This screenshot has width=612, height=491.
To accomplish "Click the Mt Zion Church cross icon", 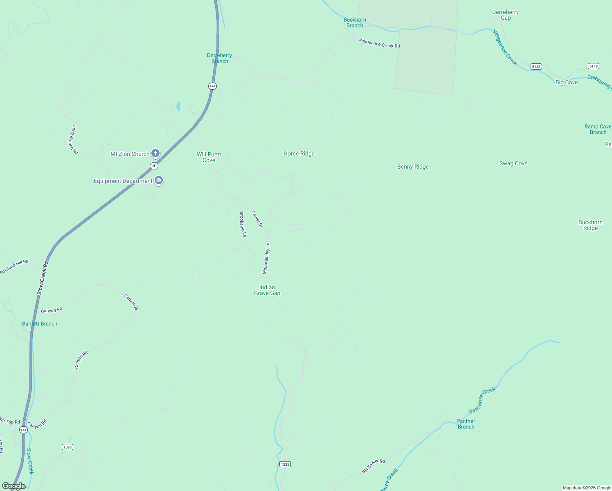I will coord(155,153).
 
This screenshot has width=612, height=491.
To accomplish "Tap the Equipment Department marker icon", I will coord(159,180).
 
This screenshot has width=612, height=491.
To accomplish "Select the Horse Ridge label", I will coord(299,154).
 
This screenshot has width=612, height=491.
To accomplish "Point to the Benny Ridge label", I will coord(413,167).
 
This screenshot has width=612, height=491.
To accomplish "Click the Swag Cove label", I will coord(513,164).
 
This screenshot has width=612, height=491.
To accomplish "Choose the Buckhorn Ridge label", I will coord(590,225).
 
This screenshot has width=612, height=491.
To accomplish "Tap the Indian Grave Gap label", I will coord(267,290).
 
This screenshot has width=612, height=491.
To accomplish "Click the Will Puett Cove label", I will coord(209,157).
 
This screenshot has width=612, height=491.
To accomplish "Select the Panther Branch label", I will coord(466,424).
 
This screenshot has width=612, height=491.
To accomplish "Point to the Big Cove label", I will coord(567,83).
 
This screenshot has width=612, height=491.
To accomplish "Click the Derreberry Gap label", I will coord(506,15).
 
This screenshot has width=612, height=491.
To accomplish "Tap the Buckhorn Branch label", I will coord(355,23).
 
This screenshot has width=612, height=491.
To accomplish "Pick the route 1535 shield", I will coord(285,464).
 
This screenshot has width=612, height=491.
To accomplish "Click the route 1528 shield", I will coord(67,447).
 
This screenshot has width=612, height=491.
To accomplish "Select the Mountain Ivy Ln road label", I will coord(266,258).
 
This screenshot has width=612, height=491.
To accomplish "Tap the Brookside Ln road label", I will coord(243,224).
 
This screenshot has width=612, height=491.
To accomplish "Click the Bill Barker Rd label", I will coord(373,466).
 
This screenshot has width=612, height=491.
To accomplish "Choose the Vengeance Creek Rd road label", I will coord(379,43).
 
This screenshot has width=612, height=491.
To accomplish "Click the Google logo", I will coord(14,486).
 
